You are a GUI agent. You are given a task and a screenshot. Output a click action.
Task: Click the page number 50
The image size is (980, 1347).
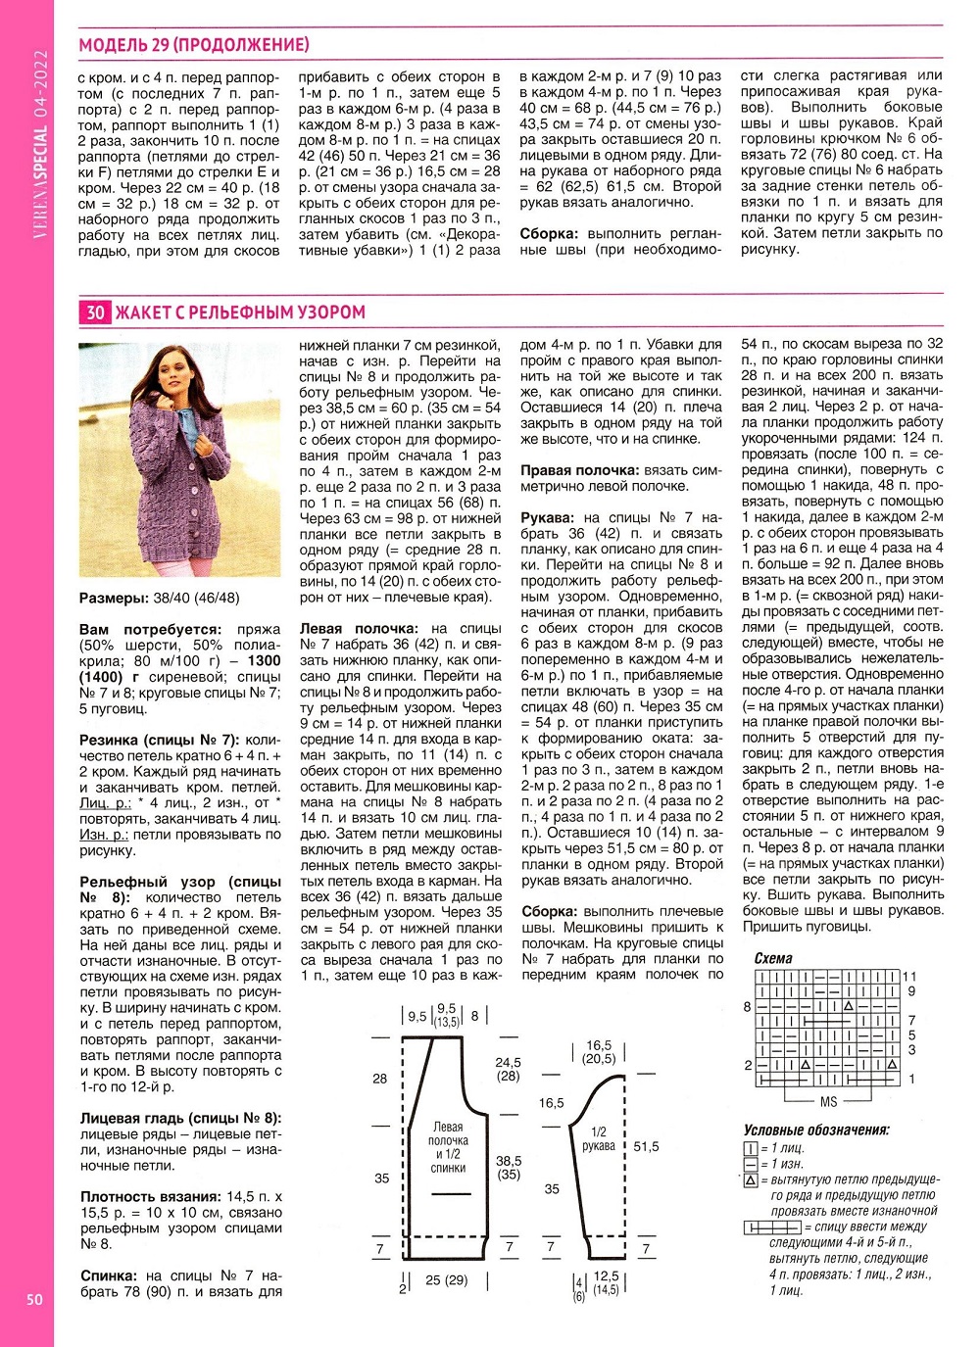coord(34,1300)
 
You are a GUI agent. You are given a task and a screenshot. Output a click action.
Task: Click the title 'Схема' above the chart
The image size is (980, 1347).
coord(773,959)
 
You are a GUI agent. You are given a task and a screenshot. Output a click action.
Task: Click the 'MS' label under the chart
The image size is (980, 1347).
coord(828,1102)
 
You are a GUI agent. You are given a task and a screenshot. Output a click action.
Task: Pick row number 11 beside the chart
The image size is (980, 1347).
coord(909,977)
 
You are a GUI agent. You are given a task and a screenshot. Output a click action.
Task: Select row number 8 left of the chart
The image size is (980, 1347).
coord(748,1006)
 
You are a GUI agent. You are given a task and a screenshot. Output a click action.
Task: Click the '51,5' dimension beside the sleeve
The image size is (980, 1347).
coord(647,1146)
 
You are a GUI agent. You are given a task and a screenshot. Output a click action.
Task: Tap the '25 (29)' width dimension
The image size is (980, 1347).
coord(446,1280)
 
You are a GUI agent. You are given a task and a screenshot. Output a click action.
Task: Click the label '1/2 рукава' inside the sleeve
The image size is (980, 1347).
coord(599,1139)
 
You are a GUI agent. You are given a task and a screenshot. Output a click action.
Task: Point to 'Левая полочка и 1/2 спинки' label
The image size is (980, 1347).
coord(448,1147)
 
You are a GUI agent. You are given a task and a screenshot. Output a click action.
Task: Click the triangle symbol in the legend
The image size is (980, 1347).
coord(751,1180)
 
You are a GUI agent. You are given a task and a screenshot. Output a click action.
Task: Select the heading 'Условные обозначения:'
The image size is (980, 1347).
coord(815,1131)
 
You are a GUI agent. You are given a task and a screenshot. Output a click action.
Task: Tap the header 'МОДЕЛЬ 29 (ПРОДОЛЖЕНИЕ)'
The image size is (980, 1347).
coord(194,45)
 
